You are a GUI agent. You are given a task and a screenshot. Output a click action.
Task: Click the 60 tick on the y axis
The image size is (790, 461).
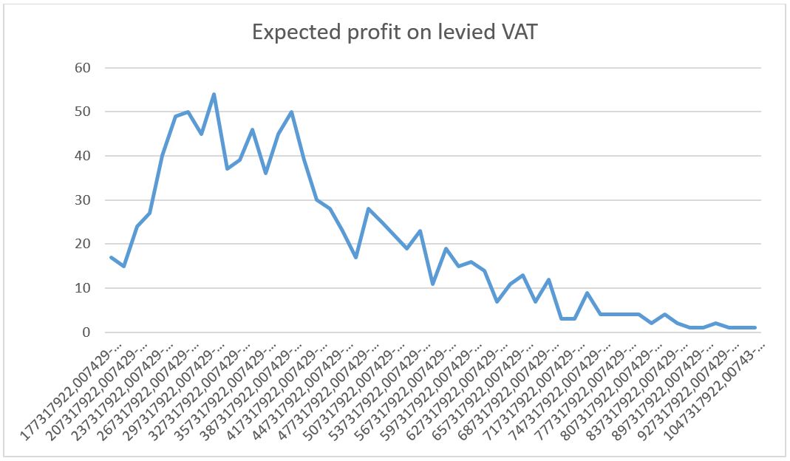tap(82, 68)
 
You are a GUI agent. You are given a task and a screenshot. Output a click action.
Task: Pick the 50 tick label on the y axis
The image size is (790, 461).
tap(82, 112)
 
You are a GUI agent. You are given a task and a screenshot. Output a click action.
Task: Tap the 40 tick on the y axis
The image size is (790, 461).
tap(82, 156)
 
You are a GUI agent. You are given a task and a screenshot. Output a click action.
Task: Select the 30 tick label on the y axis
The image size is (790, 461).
tap(82, 200)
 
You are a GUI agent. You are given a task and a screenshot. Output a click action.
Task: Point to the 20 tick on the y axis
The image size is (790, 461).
tap(82, 245)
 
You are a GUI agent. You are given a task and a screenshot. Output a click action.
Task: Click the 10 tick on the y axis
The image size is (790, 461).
tap(82, 288)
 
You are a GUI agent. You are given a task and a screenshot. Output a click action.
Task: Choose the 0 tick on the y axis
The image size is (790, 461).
tap(86, 332)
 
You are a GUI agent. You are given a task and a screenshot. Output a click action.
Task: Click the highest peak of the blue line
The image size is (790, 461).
tap(214, 95)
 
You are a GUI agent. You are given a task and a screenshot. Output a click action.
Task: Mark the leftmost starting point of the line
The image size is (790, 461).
tap(111, 257)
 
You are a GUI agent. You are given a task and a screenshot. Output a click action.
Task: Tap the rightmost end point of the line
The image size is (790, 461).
tap(755, 328)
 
